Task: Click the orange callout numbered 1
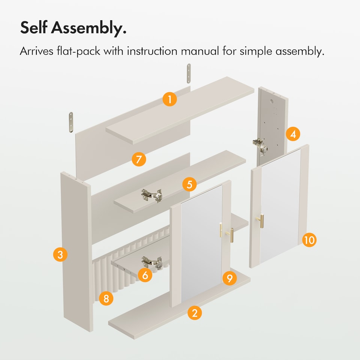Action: coord(169,99)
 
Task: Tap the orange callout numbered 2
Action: coord(195,313)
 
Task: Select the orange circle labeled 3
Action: coord(60,254)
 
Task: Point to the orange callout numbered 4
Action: coord(293,134)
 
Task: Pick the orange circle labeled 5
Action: coord(189,184)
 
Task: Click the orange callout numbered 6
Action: coord(145,275)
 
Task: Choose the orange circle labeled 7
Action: coord(139,159)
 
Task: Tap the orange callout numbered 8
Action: coord(106,298)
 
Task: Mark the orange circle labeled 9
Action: coord(229,278)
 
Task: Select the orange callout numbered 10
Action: coord(309,240)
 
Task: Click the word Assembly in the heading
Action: coord(88,28)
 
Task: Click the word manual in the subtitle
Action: coord(200,51)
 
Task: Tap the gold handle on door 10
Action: coord(261,220)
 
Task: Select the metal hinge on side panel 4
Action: coord(261,146)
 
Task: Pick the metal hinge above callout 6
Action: coord(151,262)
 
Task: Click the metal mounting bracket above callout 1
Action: coord(189,73)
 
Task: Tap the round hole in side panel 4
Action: coord(272,101)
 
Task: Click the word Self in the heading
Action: coord(34,27)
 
